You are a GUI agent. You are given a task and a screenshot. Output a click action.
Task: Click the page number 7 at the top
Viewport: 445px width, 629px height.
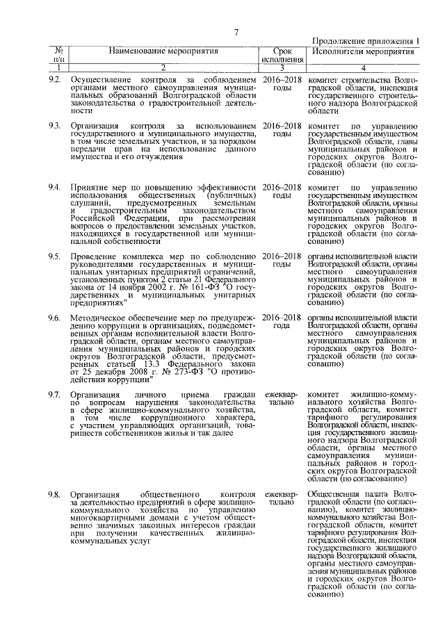coord(236,31)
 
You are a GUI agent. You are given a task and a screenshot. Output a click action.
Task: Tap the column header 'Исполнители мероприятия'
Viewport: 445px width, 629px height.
coord(357,51)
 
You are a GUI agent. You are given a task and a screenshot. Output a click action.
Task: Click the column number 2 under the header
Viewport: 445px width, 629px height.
coord(163,67)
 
